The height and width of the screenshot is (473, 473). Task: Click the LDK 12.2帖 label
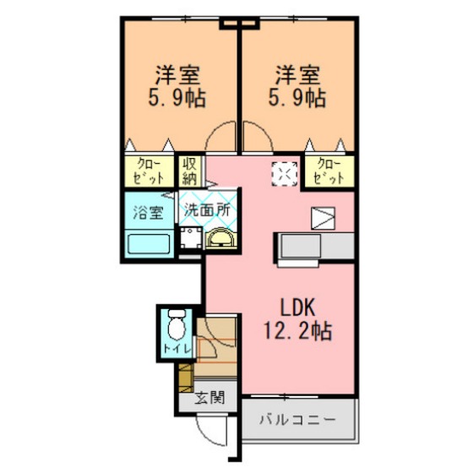pos(298,319)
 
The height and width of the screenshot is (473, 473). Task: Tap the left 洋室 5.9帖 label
pos(177,86)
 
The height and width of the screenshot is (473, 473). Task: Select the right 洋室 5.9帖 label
pos(297,86)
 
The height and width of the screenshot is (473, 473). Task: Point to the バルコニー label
pos(297,420)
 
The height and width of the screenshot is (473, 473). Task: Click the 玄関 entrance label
pos(210,398)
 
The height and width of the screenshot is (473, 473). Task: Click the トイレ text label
pos(177,349)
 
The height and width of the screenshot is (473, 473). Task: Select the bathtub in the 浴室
pos(149,244)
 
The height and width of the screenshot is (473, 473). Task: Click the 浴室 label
pos(149,212)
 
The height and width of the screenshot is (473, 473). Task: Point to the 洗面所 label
pos(207,210)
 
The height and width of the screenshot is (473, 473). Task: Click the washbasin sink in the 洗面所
pos(221,238)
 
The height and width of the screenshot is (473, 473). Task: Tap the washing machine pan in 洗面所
pos(191,237)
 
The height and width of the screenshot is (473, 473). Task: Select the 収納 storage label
pos(189,171)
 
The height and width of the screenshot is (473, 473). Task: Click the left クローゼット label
pos(149,171)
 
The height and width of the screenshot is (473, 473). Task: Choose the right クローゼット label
pos(329,171)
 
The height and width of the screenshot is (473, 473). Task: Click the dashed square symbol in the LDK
pos(285,174)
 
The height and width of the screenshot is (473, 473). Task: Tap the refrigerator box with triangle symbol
pos(323,219)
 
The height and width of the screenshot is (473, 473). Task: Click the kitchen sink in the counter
pos(301,246)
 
